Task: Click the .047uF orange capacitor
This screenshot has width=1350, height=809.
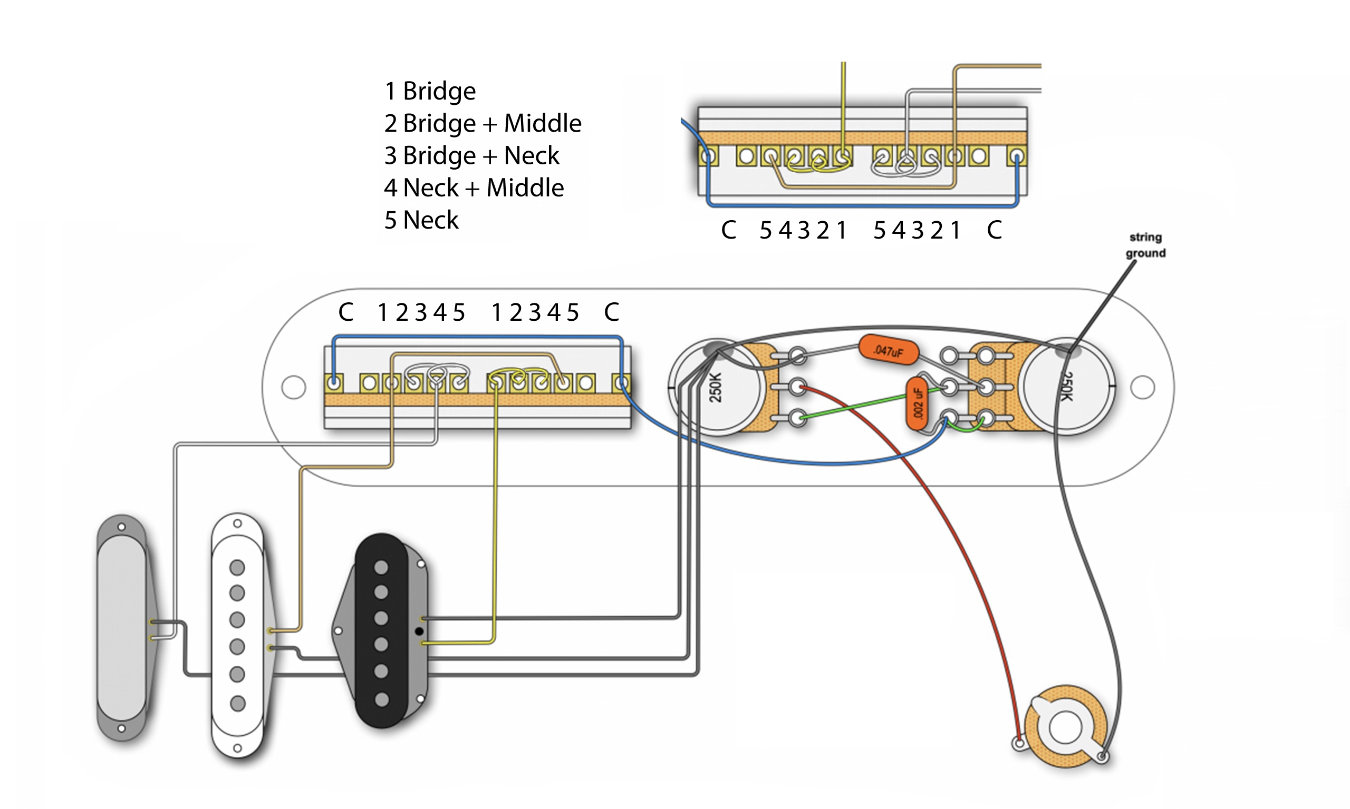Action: pos(888,351)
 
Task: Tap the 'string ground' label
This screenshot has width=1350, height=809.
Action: pos(1145,245)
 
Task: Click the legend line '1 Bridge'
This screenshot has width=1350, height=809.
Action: pos(430,91)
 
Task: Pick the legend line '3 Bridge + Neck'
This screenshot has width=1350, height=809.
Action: pos(471,155)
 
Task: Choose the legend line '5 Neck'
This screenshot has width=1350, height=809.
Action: pos(421,220)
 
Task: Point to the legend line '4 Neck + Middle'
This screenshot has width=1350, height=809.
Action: pos(474,188)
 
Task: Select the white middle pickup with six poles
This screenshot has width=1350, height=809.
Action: pos(238,636)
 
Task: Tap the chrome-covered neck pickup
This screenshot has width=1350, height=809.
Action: pos(122,628)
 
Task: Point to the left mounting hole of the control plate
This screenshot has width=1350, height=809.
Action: pos(293,387)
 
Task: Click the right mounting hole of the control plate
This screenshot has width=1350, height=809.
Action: pos(1142,387)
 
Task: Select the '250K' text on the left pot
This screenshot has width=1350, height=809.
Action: pos(716,387)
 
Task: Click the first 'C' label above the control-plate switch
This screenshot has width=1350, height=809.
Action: pos(346,312)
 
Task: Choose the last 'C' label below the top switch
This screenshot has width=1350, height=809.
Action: pos(994,230)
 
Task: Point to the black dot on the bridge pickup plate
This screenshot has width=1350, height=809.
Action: pos(419,632)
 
